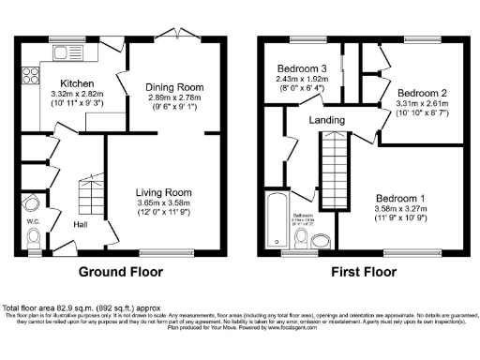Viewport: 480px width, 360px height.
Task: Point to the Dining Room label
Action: click(x=173, y=87)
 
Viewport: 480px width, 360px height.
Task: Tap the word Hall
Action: click(x=82, y=225)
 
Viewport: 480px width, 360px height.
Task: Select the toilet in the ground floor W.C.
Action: click(x=35, y=243)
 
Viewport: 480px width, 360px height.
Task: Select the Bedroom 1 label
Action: click(x=401, y=198)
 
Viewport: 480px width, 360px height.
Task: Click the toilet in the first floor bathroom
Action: click(x=303, y=240)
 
